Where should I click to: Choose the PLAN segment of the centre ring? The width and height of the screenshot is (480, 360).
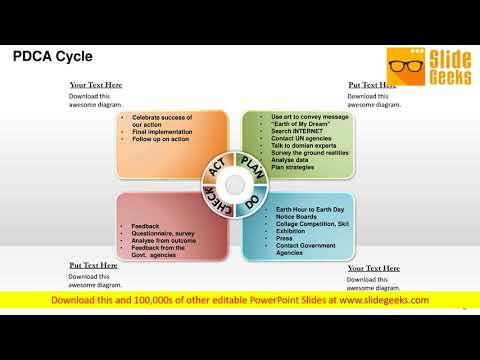click(253, 166)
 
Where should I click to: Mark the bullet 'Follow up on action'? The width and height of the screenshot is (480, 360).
click(163, 139)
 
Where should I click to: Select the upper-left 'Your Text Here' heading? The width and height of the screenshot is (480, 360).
click(96, 85)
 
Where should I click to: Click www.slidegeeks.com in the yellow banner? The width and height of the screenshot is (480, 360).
click(384, 300)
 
